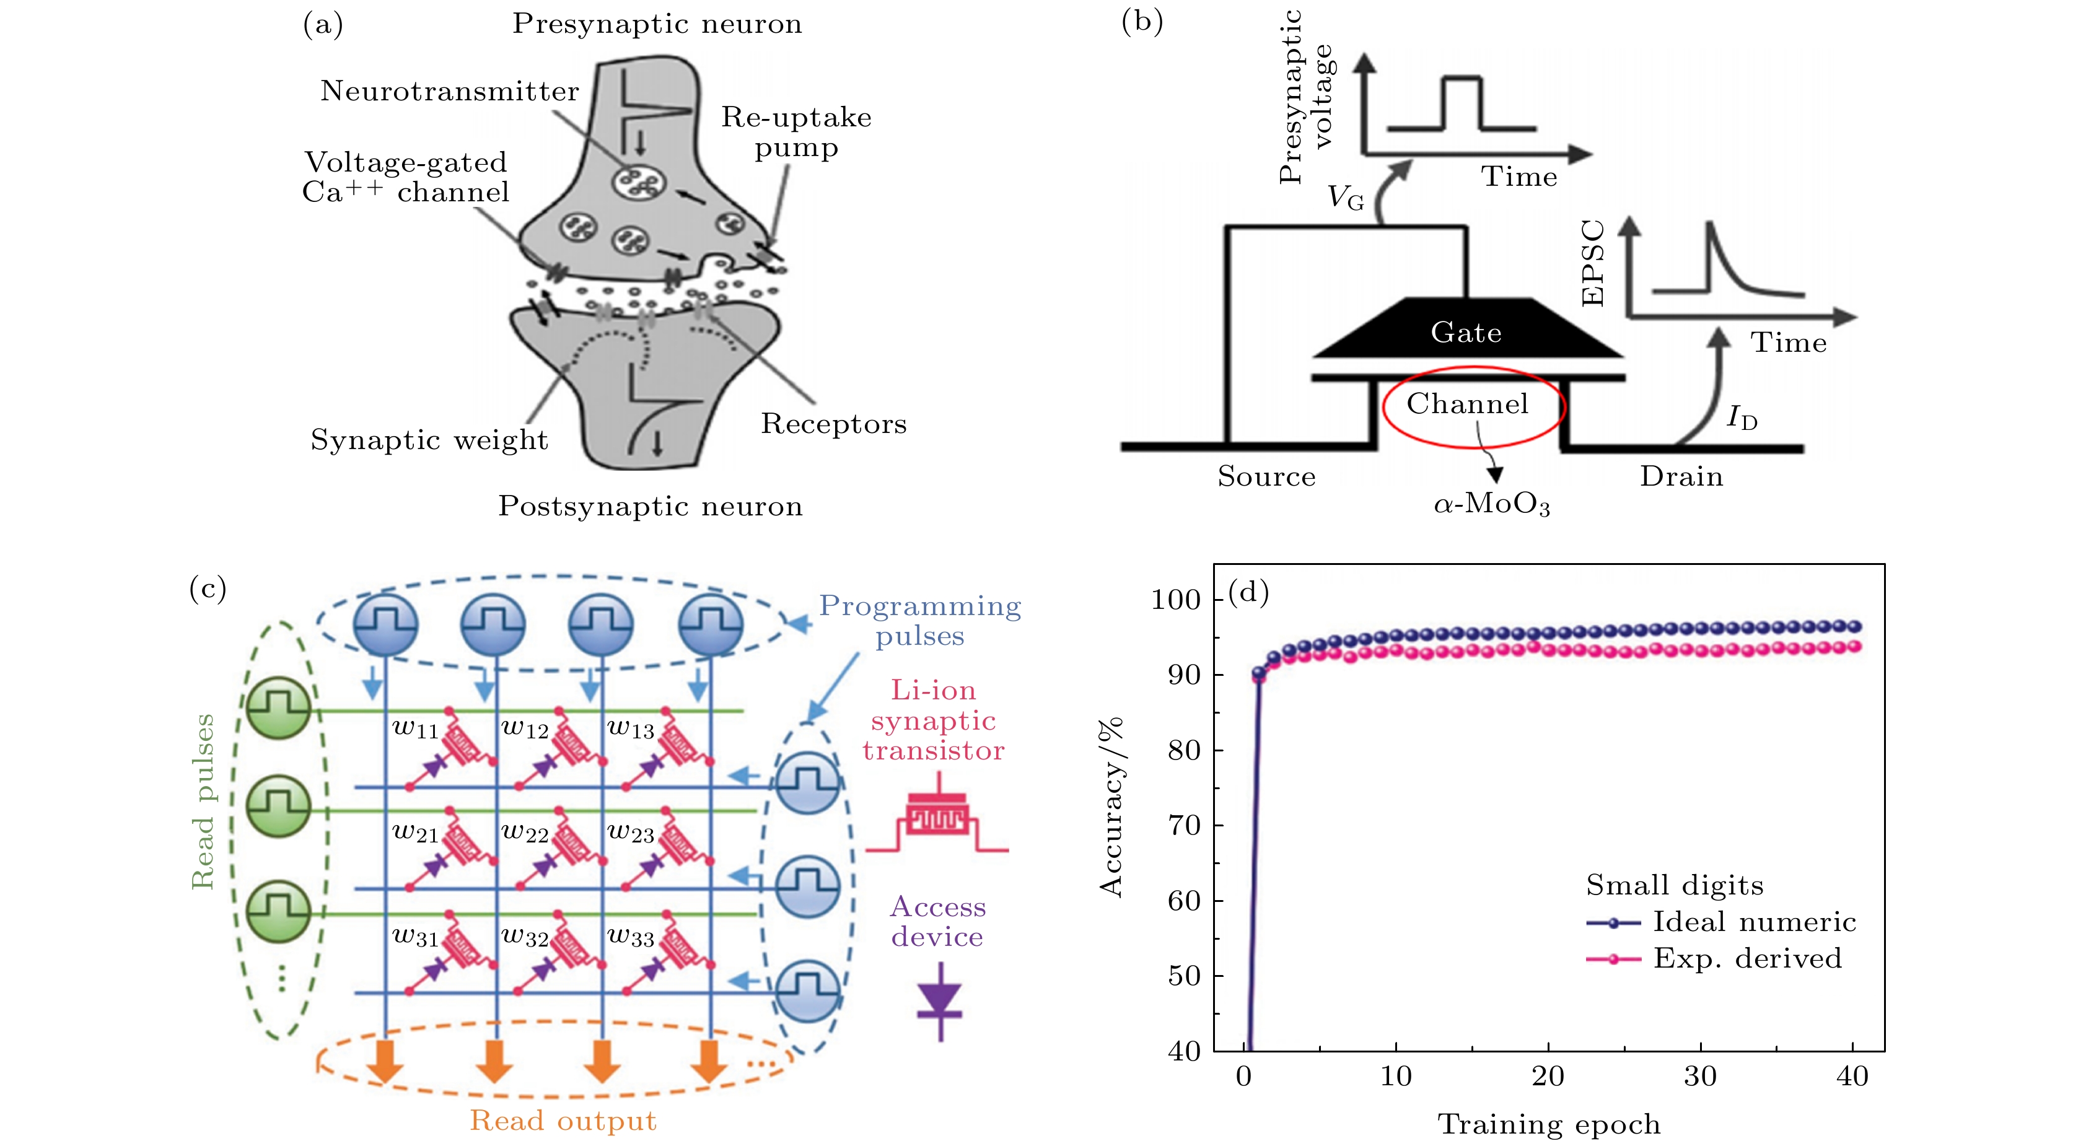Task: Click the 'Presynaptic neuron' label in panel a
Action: (x=657, y=24)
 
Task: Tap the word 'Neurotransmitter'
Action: (x=449, y=91)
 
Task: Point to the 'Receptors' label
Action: (x=834, y=423)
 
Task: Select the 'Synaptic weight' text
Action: (x=429, y=440)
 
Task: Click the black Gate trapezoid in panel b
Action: (x=1466, y=330)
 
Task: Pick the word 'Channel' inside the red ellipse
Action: (x=1467, y=403)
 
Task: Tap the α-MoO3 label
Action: (x=1491, y=505)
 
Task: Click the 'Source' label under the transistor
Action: (x=1266, y=476)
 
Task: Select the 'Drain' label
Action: (x=1681, y=476)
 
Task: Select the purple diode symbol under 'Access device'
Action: (x=940, y=1001)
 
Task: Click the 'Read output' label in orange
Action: (x=563, y=1120)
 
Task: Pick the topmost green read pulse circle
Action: (x=278, y=708)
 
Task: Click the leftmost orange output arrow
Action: (x=385, y=1062)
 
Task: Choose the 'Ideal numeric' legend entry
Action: (x=1753, y=922)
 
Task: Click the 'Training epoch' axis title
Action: (x=1548, y=1124)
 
